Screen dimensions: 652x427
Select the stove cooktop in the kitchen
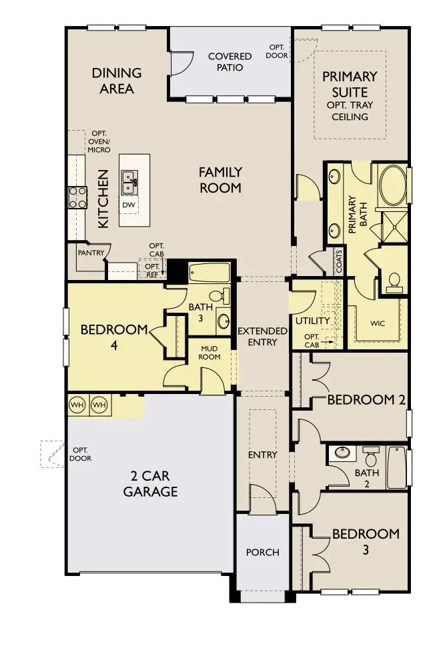[77, 197]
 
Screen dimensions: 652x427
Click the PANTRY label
[89, 253]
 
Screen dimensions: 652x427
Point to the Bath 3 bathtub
[209, 273]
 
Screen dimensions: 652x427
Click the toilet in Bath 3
[218, 296]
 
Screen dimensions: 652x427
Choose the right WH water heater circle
[99, 405]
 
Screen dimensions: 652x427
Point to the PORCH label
[262, 553]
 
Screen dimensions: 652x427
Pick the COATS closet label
[339, 262]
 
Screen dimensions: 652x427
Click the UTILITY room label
[313, 321]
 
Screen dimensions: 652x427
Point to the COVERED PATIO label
[230, 62]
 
